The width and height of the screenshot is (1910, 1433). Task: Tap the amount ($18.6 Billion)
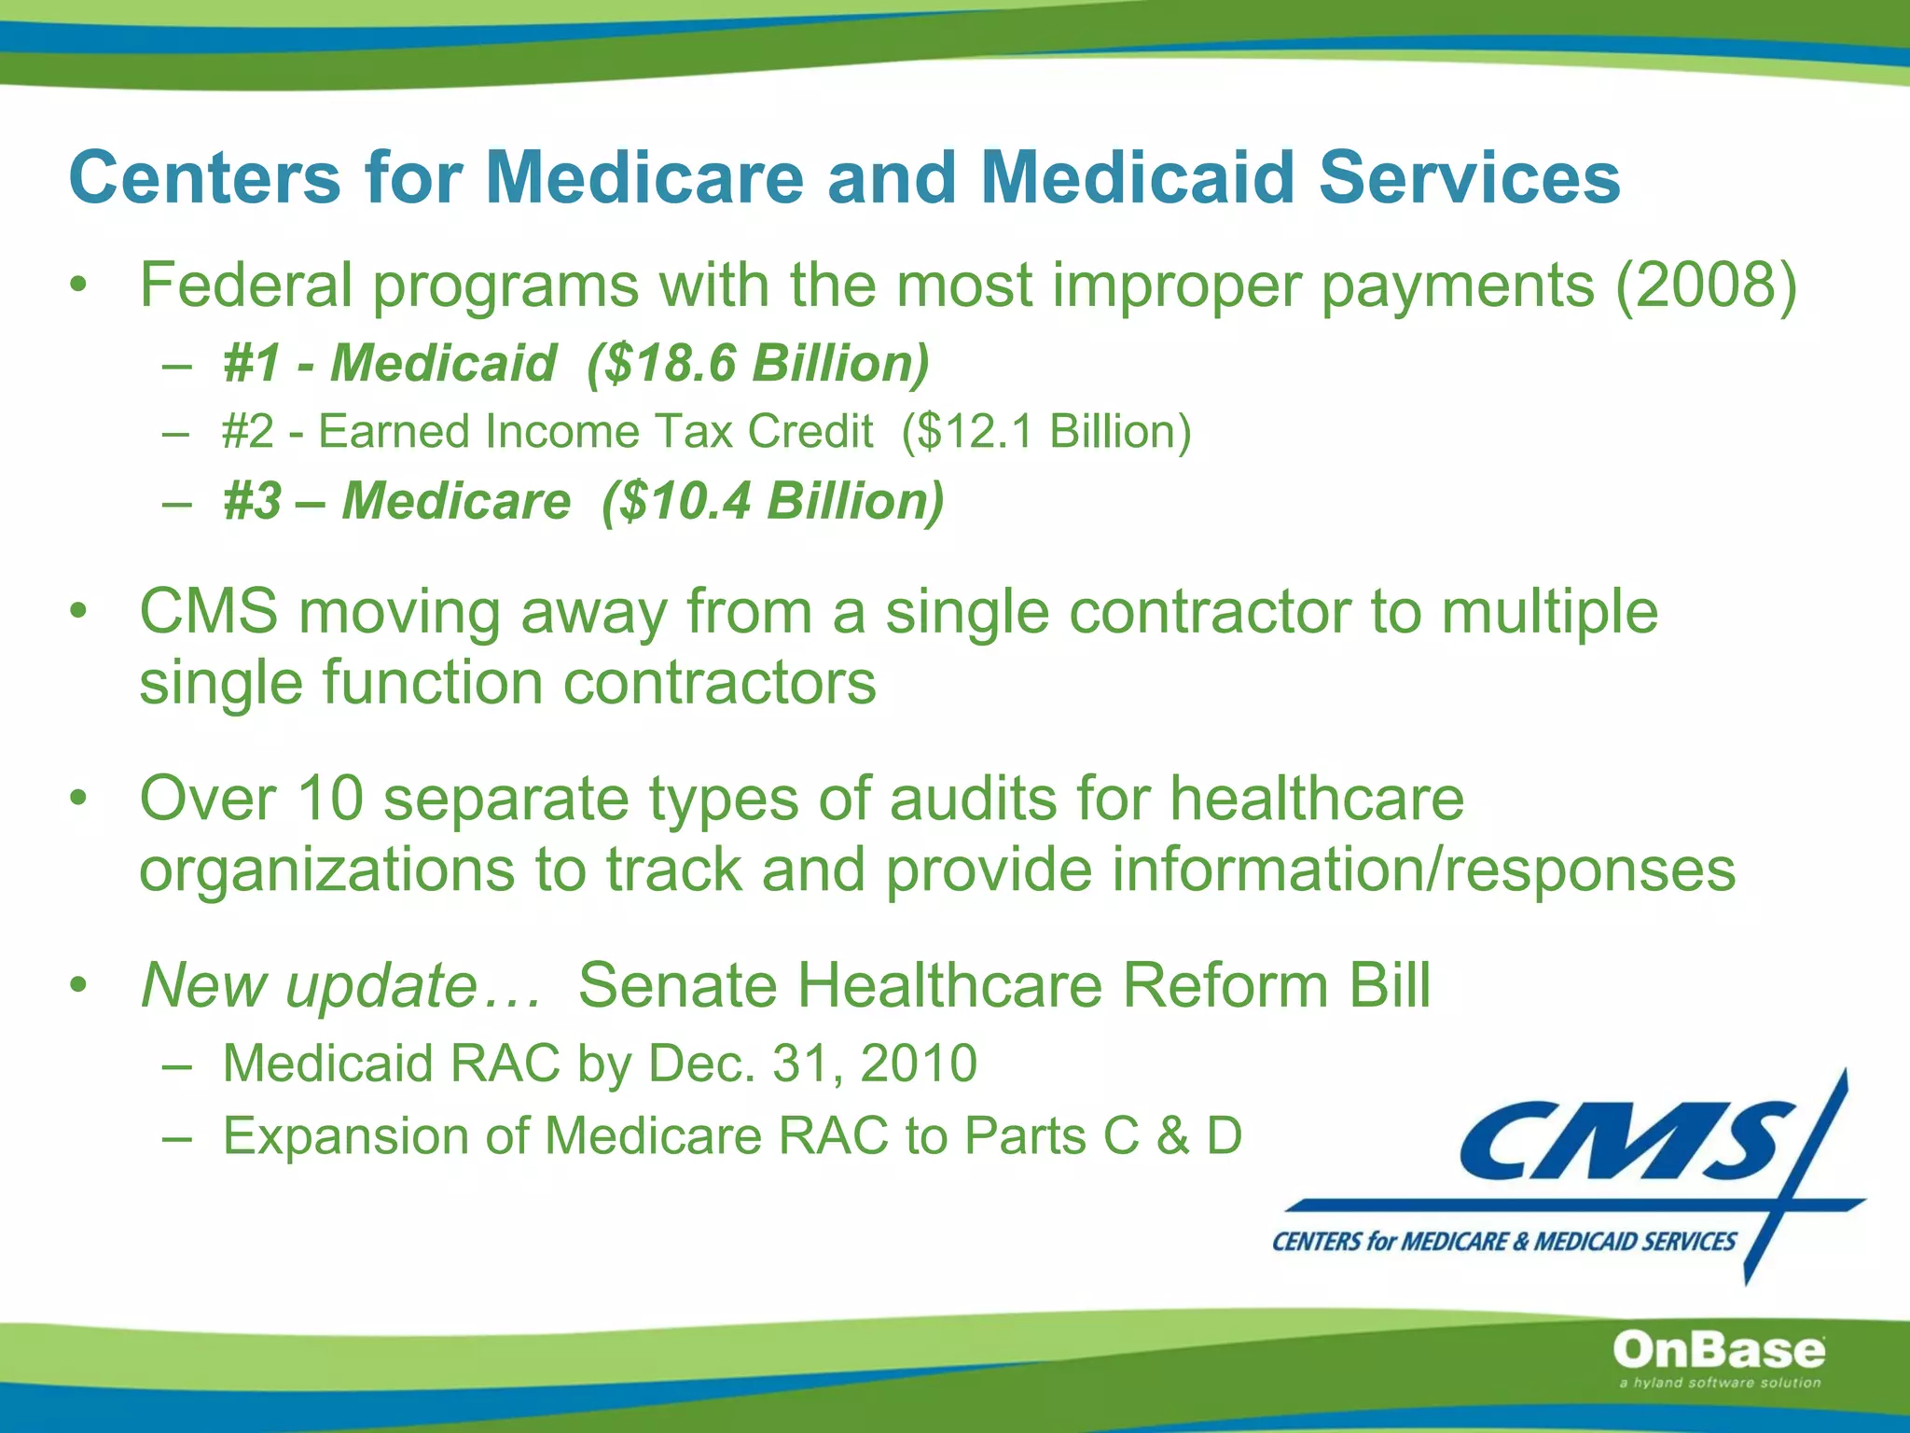758,363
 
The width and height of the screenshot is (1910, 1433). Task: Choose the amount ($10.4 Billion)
772,501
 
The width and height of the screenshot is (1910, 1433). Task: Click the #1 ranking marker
251,363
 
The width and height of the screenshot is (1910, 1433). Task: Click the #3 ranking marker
252,501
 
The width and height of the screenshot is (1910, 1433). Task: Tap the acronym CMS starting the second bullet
209,612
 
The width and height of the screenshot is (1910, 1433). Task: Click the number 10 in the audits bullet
329,800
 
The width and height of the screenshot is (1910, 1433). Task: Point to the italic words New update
309,985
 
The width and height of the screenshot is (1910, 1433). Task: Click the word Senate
678,985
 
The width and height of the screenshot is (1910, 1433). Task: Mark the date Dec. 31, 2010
812,1064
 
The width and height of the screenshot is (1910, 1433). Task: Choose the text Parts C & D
1102,1136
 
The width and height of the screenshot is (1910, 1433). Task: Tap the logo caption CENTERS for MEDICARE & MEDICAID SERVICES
1503,1242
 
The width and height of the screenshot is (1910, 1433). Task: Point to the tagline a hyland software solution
1719,1383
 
